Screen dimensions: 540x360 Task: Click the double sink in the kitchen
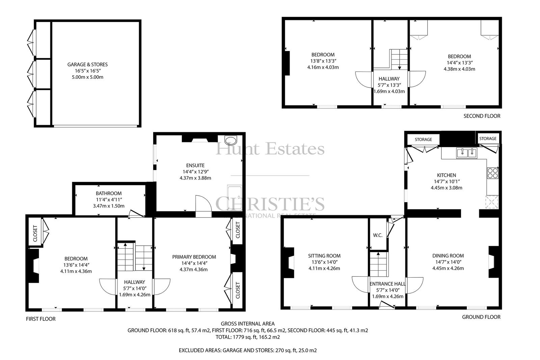point(466,153)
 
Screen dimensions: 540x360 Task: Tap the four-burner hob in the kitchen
point(492,173)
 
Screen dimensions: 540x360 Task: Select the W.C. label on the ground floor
point(378,235)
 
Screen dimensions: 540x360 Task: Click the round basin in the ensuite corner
point(231,140)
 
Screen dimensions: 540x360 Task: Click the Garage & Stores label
point(87,64)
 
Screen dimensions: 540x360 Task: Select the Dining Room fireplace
point(493,262)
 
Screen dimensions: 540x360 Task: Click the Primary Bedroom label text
point(194,257)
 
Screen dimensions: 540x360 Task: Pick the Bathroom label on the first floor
point(108,193)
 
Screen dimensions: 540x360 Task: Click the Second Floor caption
point(482,116)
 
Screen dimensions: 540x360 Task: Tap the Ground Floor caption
point(481,317)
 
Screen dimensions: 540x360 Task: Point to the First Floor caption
point(41,319)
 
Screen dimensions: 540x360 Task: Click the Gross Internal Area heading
point(248,324)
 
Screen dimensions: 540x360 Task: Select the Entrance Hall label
point(387,284)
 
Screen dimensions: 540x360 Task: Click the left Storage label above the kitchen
point(423,140)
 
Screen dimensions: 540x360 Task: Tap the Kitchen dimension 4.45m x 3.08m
point(447,188)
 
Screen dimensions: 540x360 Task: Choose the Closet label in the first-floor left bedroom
point(35,233)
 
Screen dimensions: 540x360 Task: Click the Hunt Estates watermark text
point(270,148)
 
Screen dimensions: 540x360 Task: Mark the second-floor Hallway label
point(389,79)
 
